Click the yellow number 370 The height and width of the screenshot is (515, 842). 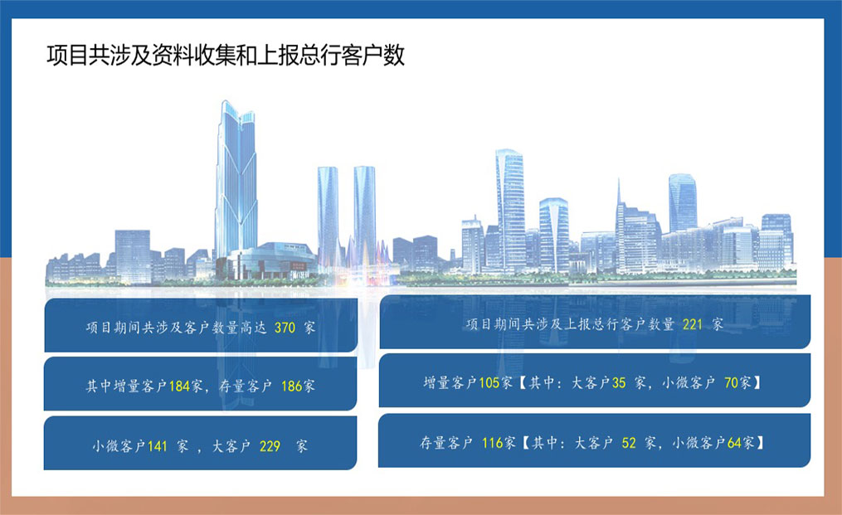coord(285,328)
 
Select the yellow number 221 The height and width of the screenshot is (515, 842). coord(692,324)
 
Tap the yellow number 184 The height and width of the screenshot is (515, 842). coord(179,386)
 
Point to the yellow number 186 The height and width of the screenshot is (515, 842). coord(291,386)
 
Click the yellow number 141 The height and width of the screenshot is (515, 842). coord(158,446)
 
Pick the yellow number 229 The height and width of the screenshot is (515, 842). coord(270,446)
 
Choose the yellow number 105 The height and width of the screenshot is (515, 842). coord(489,383)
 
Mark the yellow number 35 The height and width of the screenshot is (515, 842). coord(619,383)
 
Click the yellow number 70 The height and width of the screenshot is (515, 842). coord(731,383)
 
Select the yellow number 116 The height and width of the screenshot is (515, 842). coord(492,443)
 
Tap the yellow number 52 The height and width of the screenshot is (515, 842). coord(629,443)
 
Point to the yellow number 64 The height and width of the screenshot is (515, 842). coord(734,443)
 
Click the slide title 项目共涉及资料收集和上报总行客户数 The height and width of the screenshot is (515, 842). coord(226,56)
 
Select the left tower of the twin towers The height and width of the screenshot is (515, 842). coord(329,215)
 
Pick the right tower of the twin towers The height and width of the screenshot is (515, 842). coord(365,215)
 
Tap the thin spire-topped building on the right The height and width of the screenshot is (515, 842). coord(621,226)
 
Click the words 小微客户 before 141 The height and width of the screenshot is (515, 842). coord(119,446)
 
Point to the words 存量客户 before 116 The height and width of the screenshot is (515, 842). coord(446,443)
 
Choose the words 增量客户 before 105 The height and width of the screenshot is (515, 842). coord(450,383)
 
